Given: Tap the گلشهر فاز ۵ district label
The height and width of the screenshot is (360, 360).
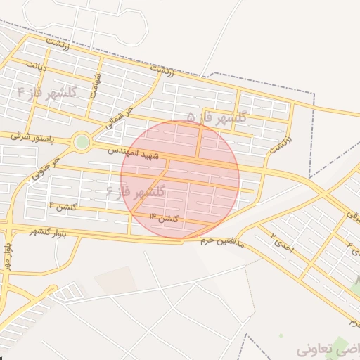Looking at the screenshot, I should click(217, 117).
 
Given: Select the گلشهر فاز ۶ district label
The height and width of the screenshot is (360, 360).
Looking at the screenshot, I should click(136, 191).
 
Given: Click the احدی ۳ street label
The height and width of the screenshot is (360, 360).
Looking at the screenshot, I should click(283, 245).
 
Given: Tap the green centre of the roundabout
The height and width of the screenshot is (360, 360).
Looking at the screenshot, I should click(82, 142).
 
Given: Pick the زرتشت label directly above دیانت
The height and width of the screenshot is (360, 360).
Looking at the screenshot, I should click(58, 44).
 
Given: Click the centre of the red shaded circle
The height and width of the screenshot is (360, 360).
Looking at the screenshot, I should click(180, 179).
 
